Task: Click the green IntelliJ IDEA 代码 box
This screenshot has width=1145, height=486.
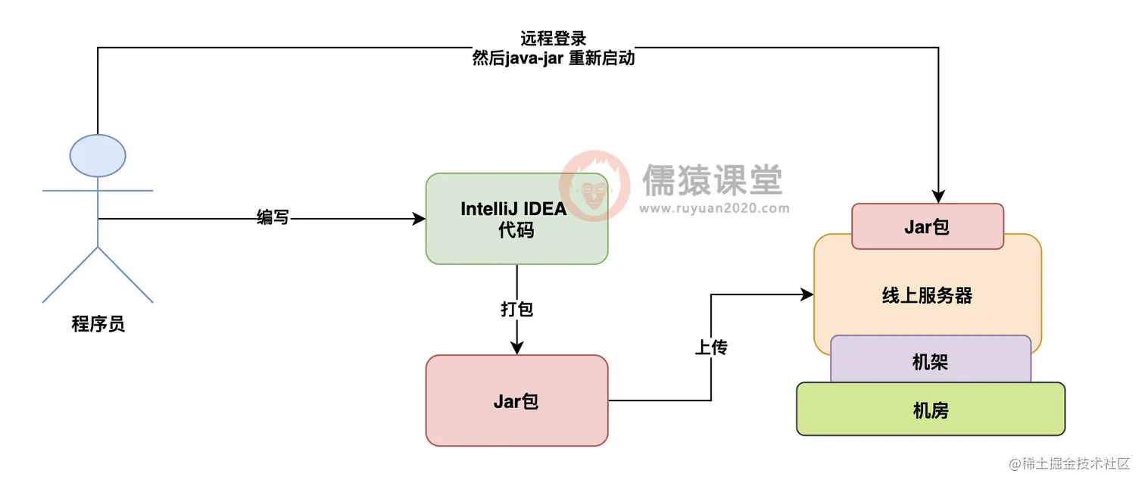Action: (x=516, y=219)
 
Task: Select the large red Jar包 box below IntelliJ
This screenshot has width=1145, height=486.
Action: (x=516, y=400)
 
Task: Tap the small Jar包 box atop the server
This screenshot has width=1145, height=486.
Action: (x=927, y=226)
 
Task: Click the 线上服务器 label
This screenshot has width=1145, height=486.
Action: (x=927, y=295)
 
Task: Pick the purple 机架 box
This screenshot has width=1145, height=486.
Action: (x=930, y=363)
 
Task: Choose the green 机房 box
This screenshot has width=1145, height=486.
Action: (x=930, y=410)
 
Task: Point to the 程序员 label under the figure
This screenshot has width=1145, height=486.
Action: (x=98, y=325)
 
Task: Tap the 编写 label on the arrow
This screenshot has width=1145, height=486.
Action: (x=273, y=219)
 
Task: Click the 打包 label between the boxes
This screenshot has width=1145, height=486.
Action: (x=516, y=309)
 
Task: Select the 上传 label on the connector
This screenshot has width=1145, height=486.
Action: (x=710, y=347)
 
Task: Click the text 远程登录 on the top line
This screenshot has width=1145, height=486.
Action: (x=553, y=39)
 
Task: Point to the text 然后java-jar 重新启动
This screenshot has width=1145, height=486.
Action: (x=553, y=58)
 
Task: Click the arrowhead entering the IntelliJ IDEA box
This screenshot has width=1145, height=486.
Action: (x=419, y=219)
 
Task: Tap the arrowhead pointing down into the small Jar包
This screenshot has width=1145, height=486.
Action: (x=938, y=196)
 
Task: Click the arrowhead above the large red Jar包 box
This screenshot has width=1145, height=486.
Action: (x=516, y=347)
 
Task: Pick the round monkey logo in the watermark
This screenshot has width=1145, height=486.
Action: (x=594, y=185)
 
